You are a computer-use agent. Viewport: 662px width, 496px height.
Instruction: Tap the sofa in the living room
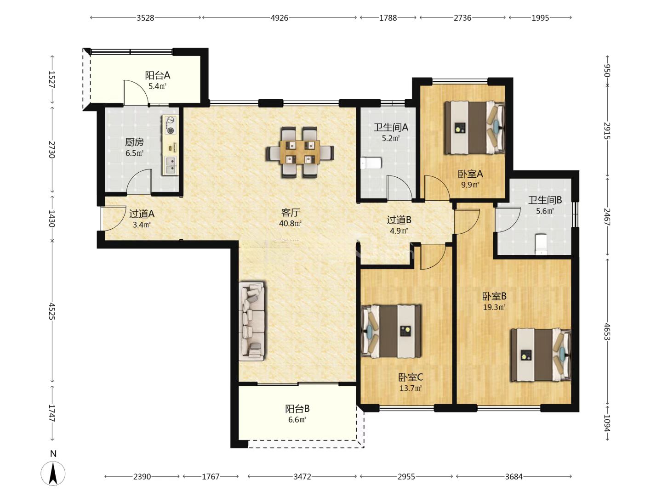(x=252, y=321)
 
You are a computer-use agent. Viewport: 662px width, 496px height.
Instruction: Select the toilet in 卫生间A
(x=371, y=163)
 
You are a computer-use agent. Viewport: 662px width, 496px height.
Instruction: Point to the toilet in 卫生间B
(x=541, y=244)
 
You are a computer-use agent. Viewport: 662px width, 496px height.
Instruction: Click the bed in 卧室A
(x=475, y=128)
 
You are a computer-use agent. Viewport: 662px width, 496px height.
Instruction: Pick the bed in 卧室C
(x=391, y=331)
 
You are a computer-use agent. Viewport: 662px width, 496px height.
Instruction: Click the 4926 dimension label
(x=279, y=18)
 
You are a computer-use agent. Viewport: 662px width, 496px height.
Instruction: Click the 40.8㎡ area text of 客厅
(x=290, y=224)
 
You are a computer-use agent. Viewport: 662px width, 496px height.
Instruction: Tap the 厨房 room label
(x=134, y=142)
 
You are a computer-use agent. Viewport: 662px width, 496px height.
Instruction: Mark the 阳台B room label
(x=297, y=409)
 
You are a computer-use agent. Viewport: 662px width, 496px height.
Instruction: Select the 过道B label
(x=399, y=220)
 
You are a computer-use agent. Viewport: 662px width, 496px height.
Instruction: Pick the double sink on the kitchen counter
(x=171, y=166)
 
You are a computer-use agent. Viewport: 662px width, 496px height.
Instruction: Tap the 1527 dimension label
(x=52, y=79)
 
